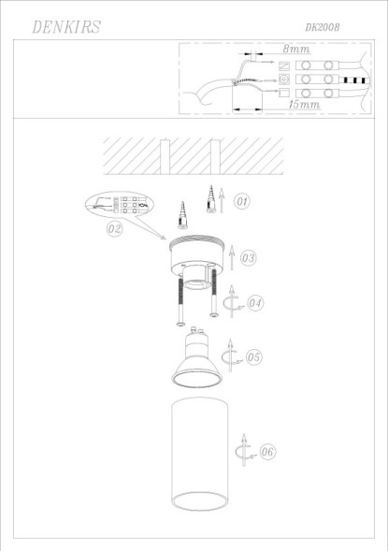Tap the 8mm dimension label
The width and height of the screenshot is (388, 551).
(x=296, y=47)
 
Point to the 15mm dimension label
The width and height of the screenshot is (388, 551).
(x=305, y=106)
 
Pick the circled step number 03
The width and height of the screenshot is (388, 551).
(x=248, y=256)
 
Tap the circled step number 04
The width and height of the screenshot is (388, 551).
(x=254, y=302)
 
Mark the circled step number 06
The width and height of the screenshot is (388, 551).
(x=266, y=452)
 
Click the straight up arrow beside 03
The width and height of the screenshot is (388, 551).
(x=230, y=255)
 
